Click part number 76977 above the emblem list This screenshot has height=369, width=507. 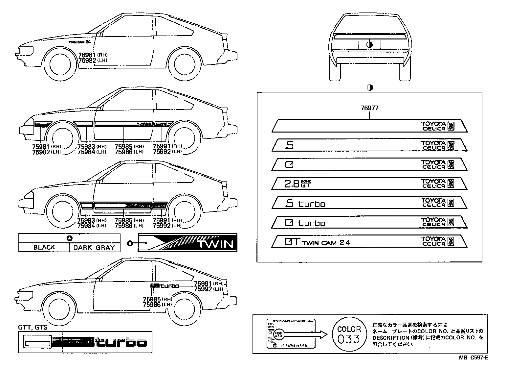click(x=369, y=108)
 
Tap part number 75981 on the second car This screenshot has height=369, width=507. click(x=41, y=146)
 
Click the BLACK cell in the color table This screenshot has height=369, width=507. click(x=44, y=247)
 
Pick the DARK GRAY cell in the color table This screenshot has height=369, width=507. click(x=94, y=247)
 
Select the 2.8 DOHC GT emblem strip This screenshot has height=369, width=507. click(x=369, y=184)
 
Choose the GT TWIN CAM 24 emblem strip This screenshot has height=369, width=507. click(x=369, y=242)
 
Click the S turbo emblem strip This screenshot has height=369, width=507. click(x=369, y=203)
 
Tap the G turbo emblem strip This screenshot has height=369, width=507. click(x=369, y=222)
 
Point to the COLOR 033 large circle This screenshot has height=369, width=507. click(x=349, y=334)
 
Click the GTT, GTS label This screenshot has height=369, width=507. click(x=33, y=327)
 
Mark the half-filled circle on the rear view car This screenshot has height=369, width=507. click(x=369, y=44)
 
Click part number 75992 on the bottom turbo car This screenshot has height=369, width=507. click(x=202, y=289)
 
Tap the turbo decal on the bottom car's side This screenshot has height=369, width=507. click(x=165, y=285)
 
